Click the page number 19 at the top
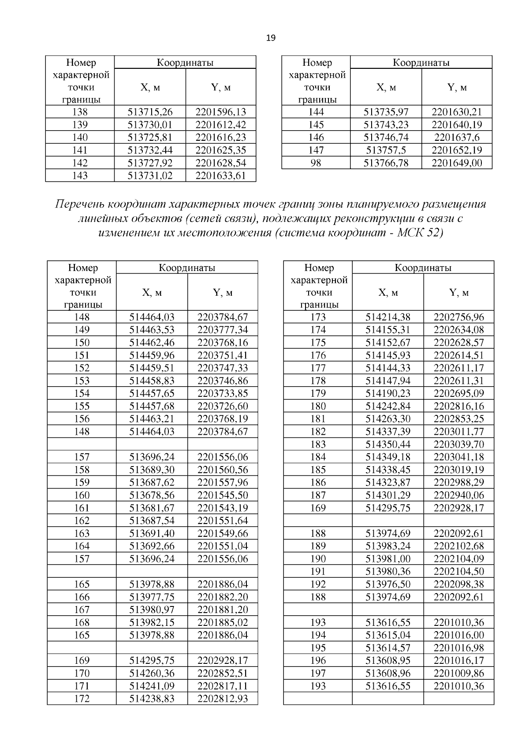point(271,38)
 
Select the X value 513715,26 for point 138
point(150,112)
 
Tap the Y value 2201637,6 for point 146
point(457,138)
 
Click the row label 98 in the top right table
point(316,163)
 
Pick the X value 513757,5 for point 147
point(386,151)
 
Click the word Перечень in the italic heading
point(80,204)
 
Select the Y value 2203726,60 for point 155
point(223,406)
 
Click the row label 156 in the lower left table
point(82,419)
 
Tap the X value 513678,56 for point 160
point(152,495)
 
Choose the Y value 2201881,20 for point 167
point(223,610)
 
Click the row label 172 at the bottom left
point(82,699)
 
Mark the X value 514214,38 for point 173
point(388,317)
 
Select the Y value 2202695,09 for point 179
point(458,393)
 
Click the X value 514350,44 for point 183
point(388,444)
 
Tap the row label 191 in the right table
point(318,572)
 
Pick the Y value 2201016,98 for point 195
point(458,648)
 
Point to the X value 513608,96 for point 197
point(388,674)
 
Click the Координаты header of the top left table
point(185,63)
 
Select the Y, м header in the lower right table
point(458,293)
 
